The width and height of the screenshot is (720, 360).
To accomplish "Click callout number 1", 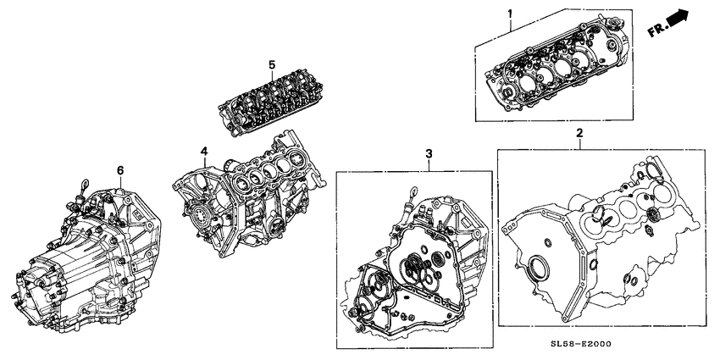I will point(510,14).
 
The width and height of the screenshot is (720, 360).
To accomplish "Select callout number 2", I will point(579,133).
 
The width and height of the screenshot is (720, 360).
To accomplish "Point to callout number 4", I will point(203,152).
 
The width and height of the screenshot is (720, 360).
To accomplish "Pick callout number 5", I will point(272,64).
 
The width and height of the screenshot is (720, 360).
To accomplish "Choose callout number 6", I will point(119,170).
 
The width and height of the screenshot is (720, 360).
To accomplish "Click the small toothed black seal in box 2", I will point(652,220).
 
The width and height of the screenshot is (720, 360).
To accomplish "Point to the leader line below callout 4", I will point(205,162).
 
